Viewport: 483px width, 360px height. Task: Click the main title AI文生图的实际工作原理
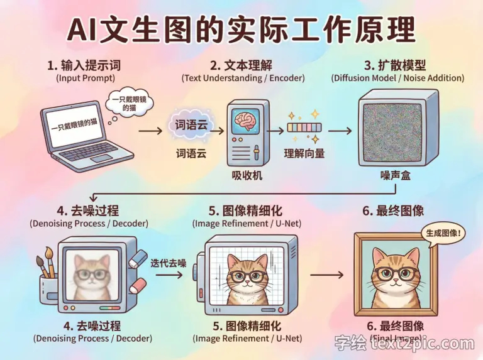click(241, 30)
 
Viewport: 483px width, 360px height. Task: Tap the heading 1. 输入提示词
click(84, 65)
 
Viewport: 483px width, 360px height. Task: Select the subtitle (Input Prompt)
click(86, 78)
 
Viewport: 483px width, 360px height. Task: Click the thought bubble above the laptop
click(130, 104)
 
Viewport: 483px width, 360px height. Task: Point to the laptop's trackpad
click(101, 158)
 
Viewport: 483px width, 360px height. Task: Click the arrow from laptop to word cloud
click(150, 131)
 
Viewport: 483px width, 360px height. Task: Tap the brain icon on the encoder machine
click(245, 121)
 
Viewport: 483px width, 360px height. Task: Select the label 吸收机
click(247, 176)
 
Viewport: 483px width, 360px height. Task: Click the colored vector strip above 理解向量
click(304, 128)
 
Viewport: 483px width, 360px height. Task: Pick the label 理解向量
click(304, 153)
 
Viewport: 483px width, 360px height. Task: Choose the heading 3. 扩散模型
click(395, 65)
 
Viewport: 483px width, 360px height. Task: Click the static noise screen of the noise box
click(392, 133)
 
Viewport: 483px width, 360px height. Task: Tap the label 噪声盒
click(395, 176)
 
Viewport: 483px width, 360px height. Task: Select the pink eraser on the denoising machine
click(137, 286)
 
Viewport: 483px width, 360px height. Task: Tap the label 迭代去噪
click(168, 263)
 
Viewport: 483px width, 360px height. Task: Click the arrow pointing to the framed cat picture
click(326, 275)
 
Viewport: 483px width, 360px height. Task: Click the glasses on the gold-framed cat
click(396, 273)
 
